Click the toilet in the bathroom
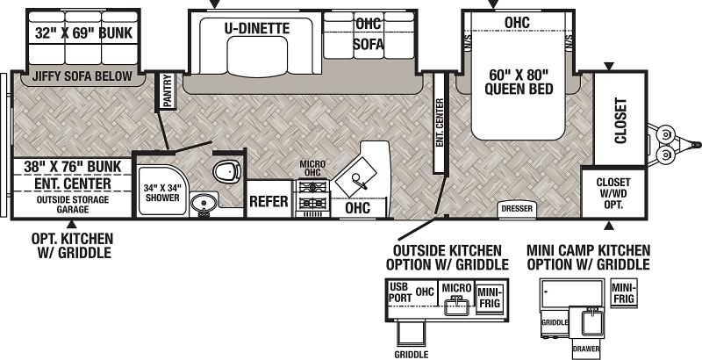click(x=227, y=171)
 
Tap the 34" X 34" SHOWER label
click(x=162, y=192)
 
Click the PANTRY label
click(x=167, y=91)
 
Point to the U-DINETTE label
click(x=257, y=29)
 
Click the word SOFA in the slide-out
click(x=368, y=44)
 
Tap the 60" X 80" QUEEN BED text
click(x=519, y=81)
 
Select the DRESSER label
click(x=517, y=209)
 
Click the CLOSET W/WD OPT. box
click(x=613, y=193)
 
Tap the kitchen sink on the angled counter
click(x=356, y=176)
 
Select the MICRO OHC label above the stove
click(x=312, y=169)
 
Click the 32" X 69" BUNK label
click(x=83, y=32)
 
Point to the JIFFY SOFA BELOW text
click(x=82, y=76)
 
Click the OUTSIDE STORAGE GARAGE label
click(x=73, y=205)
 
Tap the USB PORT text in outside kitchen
click(x=401, y=292)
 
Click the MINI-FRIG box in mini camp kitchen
click(x=624, y=293)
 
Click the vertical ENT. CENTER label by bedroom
click(x=440, y=122)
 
